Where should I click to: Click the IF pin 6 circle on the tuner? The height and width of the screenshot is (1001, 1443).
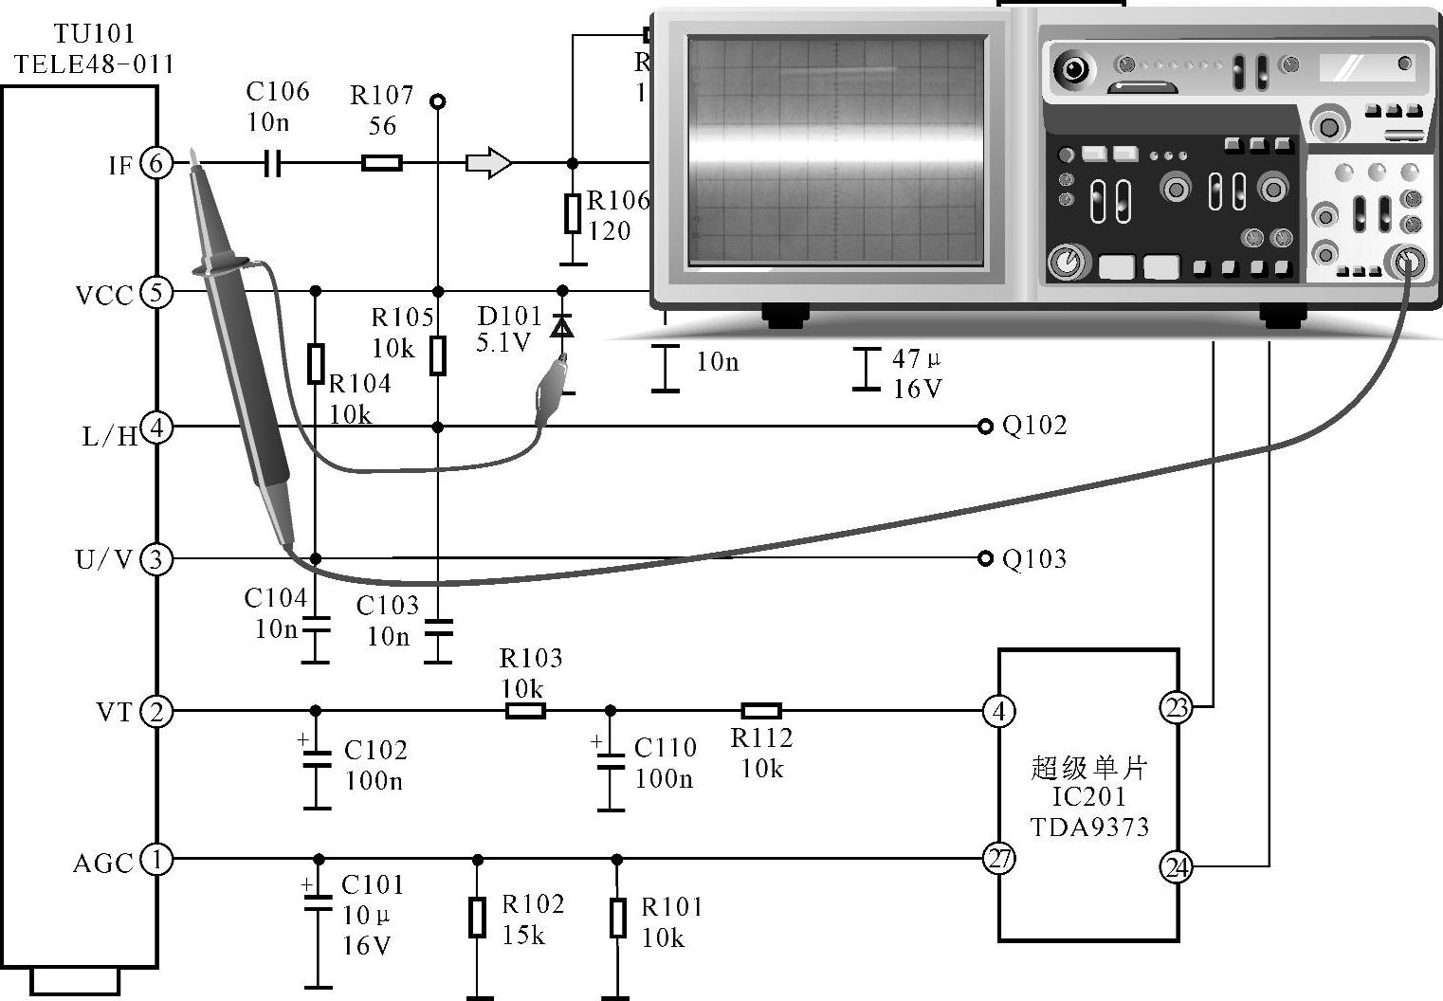tap(156, 163)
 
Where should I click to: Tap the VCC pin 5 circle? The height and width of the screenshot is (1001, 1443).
tap(156, 292)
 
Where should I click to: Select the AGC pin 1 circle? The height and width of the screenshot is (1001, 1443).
tap(156, 860)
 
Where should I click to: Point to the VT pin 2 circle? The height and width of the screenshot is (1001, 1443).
tap(156, 711)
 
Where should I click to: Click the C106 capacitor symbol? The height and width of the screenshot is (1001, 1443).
tap(272, 163)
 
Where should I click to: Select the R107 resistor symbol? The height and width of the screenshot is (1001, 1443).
tap(382, 163)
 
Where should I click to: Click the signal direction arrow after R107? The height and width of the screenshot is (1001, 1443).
tap(488, 163)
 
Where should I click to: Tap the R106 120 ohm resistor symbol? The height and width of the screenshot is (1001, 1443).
tap(572, 213)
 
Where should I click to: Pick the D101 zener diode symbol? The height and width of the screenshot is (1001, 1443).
tap(562, 327)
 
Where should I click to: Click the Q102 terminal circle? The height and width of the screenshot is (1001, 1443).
tap(984, 427)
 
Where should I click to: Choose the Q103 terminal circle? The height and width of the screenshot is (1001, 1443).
tap(984, 558)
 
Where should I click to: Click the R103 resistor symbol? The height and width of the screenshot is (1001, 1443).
tap(525, 711)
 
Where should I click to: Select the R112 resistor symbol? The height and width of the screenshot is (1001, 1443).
tap(760, 711)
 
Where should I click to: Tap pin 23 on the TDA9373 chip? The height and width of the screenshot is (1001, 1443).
tap(1176, 707)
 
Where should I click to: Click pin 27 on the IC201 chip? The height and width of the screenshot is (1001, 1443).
tap(999, 860)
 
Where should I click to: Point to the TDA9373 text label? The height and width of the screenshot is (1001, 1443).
tap(1089, 827)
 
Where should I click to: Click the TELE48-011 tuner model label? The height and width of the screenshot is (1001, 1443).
tap(94, 64)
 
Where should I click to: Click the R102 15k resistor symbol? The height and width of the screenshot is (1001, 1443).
tap(478, 917)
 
